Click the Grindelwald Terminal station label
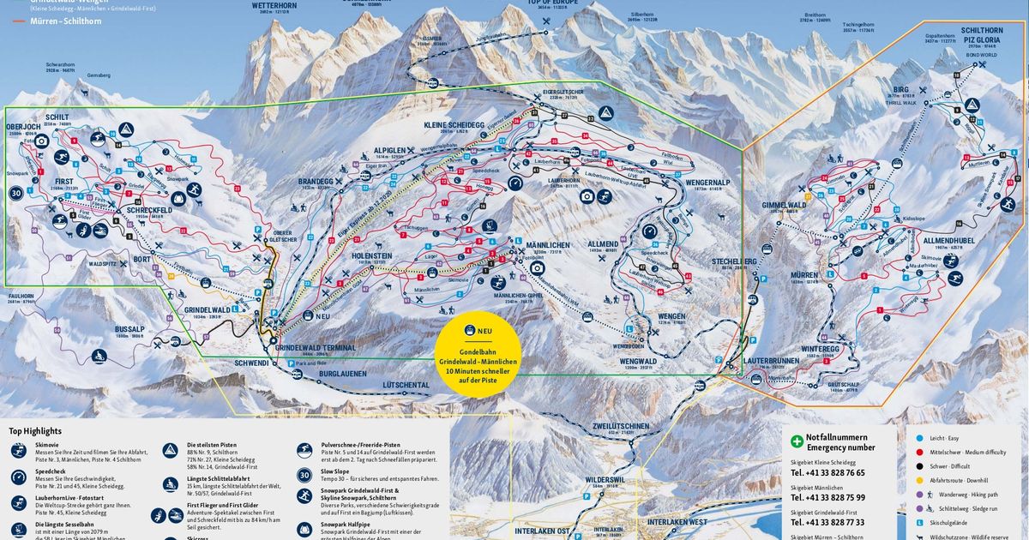tap(316, 349)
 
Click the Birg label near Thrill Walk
tap(900, 89)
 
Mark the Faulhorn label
tap(23, 295)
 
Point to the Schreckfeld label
tap(147, 210)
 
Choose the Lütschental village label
tap(406, 386)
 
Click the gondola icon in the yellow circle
tap(470, 331)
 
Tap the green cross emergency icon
tap(797, 439)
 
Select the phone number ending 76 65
tap(827, 473)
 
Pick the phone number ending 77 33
tap(827, 522)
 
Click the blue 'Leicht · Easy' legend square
tap(919, 438)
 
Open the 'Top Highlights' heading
tap(35, 431)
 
